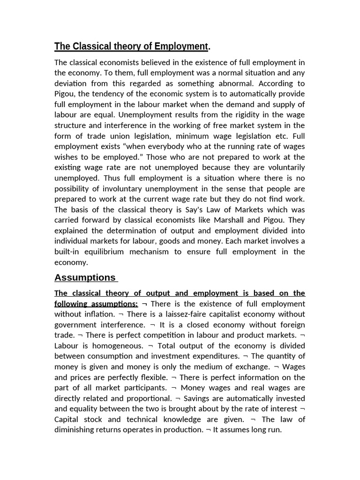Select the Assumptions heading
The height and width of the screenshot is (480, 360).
click(85, 277)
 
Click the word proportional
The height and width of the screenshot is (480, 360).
click(148, 398)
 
